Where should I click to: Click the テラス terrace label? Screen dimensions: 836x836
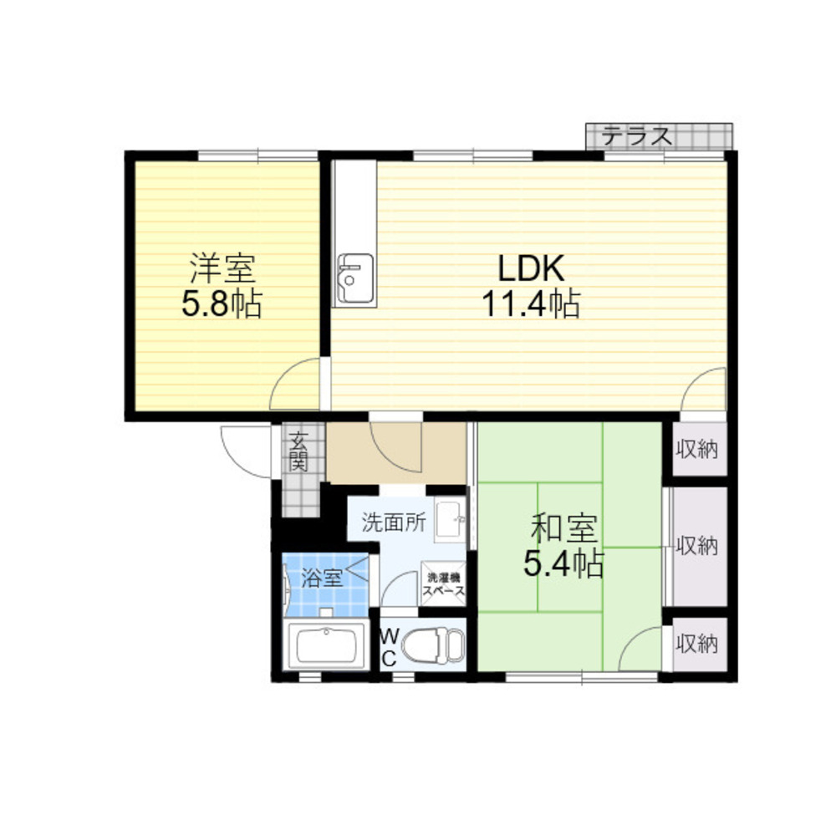[x=637, y=136]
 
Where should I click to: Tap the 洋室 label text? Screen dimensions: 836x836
[x=223, y=268]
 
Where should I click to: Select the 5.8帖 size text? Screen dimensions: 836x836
[x=222, y=304]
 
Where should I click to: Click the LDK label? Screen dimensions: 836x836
[x=531, y=268]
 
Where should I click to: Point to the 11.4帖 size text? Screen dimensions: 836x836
[x=531, y=304]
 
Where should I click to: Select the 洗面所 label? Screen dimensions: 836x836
[x=394, y=522]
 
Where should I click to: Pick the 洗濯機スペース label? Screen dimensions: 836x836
[x=444, y=584]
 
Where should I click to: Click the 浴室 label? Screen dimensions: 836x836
[x=322, y=578]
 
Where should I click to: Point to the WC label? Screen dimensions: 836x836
[x=390, y=647]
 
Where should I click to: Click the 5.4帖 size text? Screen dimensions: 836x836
[x=563, y=563]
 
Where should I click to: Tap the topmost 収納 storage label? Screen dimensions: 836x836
[x=697, y=450]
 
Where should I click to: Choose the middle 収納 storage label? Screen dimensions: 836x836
[x=697, y=545]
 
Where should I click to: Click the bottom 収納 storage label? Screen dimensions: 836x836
[x=697, y=644]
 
